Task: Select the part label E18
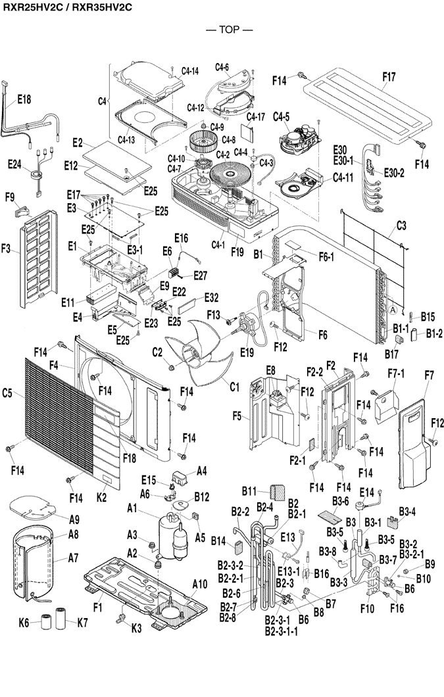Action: (x=24, y=99)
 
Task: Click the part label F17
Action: (x=389, y=77)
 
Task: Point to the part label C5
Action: (x=8, y=394)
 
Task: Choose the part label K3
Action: (x=136, y=627)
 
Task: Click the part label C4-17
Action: (x=256, y=117)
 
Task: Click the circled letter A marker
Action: (x=392, y=308)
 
